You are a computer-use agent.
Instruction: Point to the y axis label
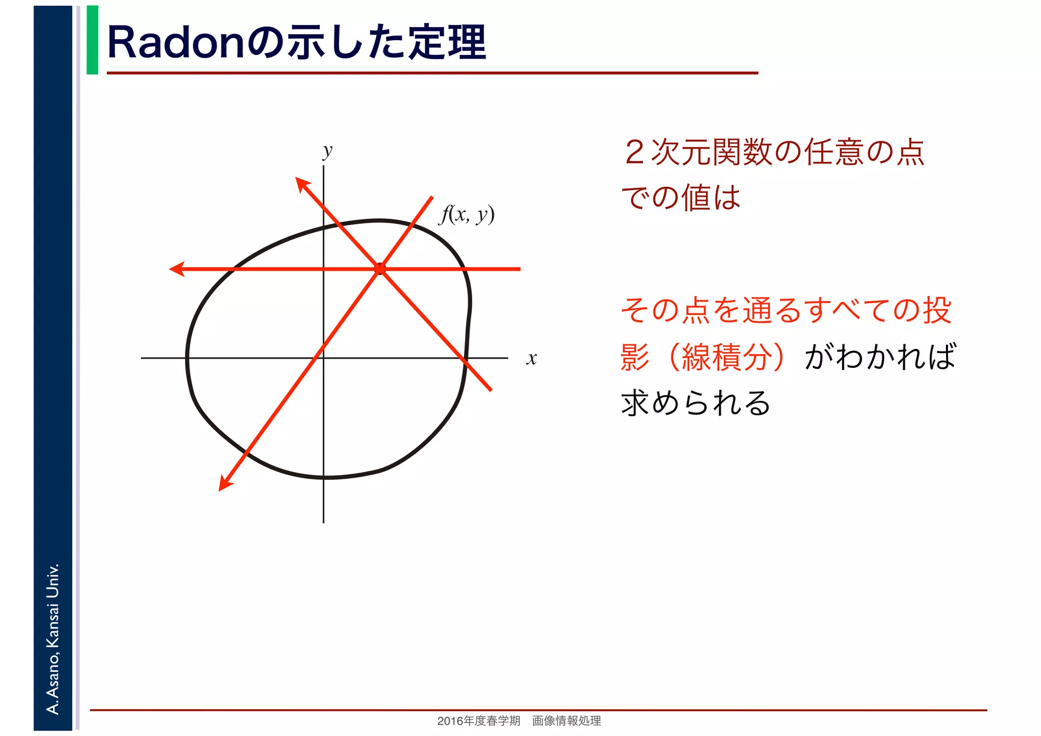click(328, 151)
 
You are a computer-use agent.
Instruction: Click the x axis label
click(531, 359)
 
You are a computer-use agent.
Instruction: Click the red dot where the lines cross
click(380, 269)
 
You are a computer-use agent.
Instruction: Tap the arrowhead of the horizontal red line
click(176, 269)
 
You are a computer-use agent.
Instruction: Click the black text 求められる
click(695, 403)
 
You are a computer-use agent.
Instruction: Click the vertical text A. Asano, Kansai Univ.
click(52, 638)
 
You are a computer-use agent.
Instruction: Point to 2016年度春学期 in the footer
click(478, 721)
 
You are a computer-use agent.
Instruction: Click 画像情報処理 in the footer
click(566, 721)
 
